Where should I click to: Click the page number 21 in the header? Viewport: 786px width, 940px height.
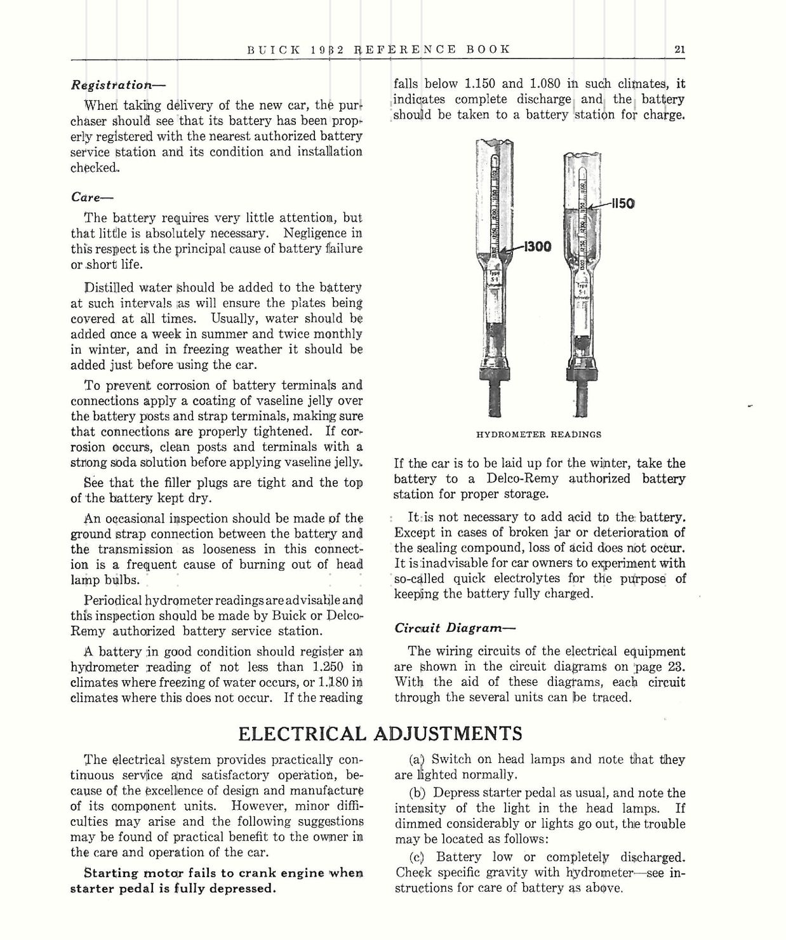point(679,50)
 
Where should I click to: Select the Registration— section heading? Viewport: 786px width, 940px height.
point(111,84)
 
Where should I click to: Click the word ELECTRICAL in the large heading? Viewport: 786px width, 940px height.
point(302,734)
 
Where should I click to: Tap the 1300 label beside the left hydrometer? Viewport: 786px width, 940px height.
point(538,246)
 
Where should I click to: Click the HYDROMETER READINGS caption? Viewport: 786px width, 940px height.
point(538,434)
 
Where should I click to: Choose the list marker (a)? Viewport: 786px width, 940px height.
point(417,759)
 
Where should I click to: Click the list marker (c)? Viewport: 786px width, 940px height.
point(417,857)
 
